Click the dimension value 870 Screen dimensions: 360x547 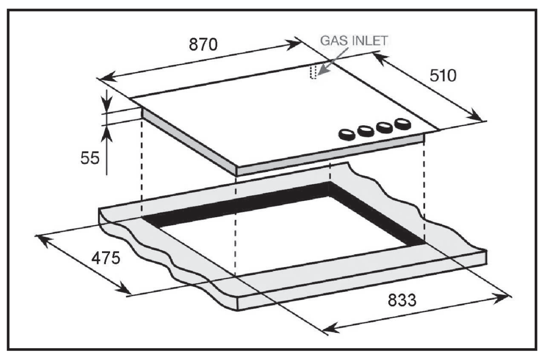203,44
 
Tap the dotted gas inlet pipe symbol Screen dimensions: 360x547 313,73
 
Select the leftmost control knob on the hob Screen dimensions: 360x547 347,135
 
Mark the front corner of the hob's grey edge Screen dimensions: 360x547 236,172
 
